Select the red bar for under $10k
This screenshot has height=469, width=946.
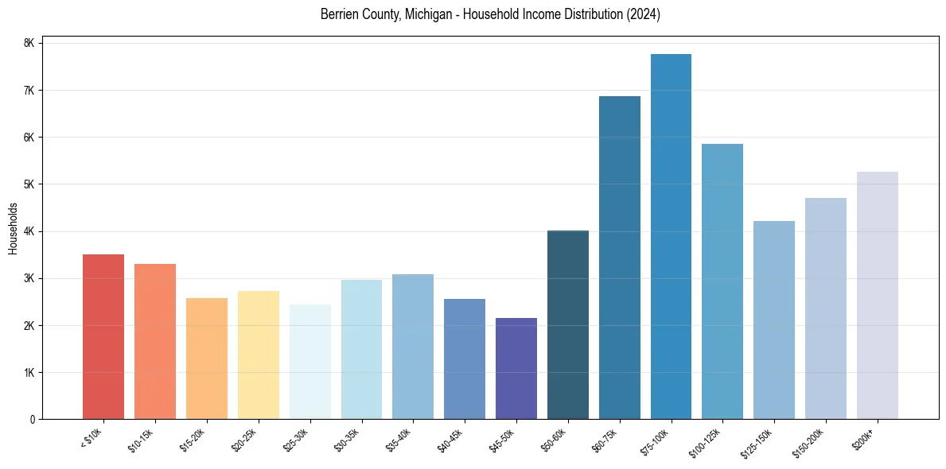pyautogui.click(x=103, y=337)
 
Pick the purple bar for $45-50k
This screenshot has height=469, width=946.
pyautogui.click(x=516, y=369)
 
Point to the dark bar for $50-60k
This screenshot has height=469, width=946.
pyautogui.click(x=568, y=325)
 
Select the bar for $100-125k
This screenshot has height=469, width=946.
pyautogui.click(x=722, y=281)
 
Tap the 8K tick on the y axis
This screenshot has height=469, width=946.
pyautogui.click(x=29, y=43)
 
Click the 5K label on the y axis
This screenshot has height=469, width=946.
pyautogui.click(x=29, y=184)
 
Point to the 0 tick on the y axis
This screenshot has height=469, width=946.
pyautogui.click(x=33, y=420)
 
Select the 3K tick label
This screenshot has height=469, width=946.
pyautogui.click(x=29, y=278)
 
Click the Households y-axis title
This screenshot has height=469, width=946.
pyautogui.click(x=13, y=228)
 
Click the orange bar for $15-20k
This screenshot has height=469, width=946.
pyautogui.click(x=207, y=359)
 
